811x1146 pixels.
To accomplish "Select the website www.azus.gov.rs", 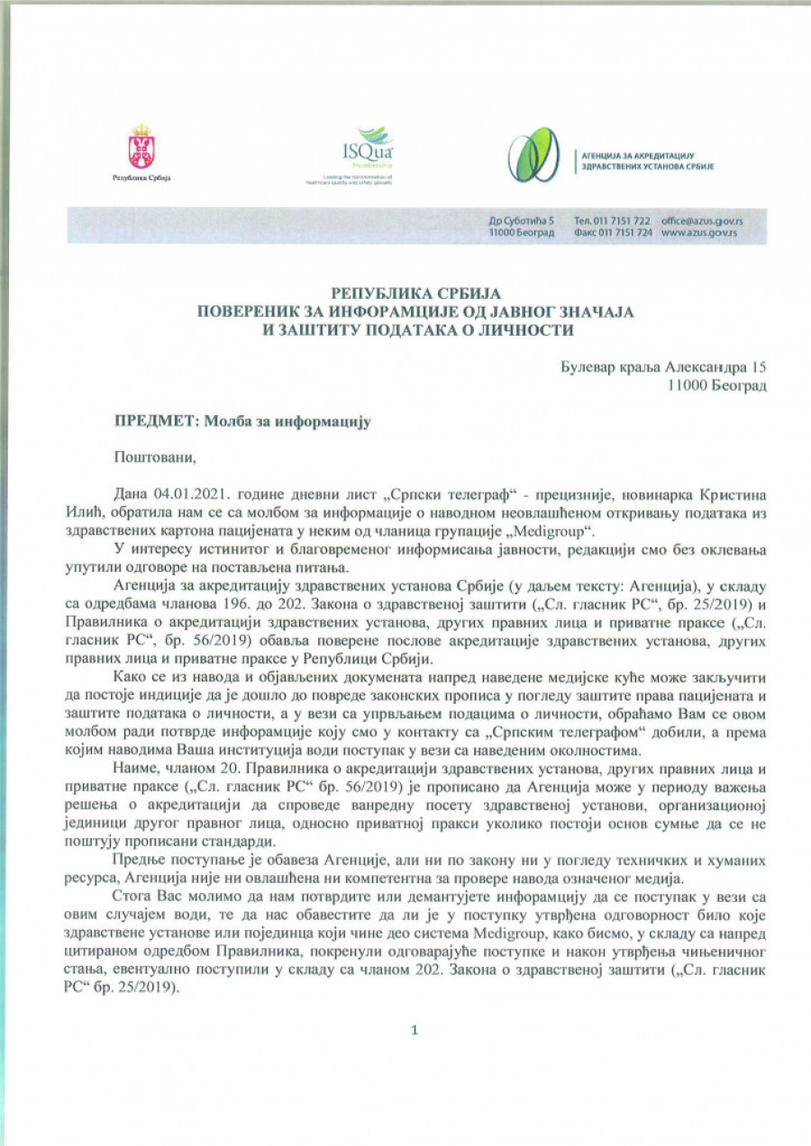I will coord(699,232).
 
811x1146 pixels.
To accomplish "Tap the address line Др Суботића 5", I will coord(523,221).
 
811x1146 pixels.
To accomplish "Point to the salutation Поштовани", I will coord(154,457).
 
